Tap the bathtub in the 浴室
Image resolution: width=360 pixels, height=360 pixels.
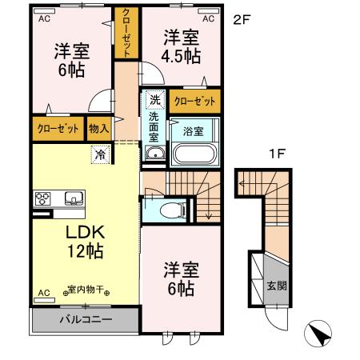coord(191,150)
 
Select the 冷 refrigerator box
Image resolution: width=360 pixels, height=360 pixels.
coord(101,154)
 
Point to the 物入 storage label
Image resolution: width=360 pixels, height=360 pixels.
coord(99,128)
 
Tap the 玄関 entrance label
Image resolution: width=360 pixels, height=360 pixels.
coord(274,286)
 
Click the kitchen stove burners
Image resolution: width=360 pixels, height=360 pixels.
coord(42,199)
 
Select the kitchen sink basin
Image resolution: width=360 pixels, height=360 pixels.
coord(72,198)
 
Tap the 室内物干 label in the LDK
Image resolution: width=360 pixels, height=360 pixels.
coord(87,291)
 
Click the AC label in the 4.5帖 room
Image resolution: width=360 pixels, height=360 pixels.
coord(208,18)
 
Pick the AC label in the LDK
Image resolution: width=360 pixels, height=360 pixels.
coord(43,293)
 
